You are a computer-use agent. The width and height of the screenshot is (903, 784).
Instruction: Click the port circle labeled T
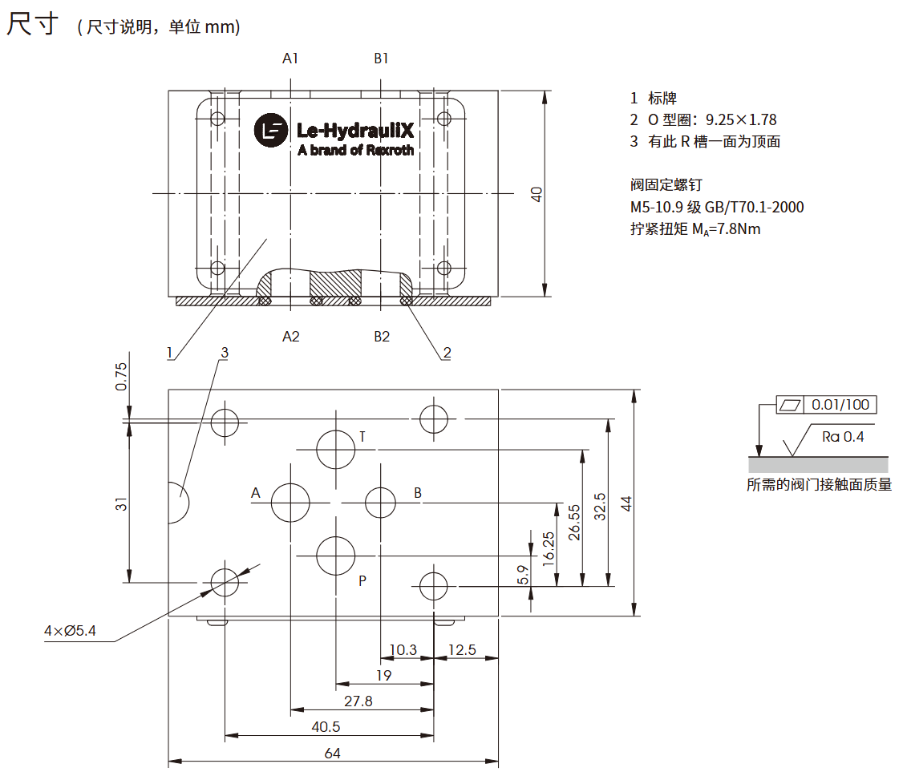coord(335,449)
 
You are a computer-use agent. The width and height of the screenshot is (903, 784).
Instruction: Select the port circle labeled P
coord(335,556)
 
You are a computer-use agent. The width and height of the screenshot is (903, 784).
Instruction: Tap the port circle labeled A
coord(290,503)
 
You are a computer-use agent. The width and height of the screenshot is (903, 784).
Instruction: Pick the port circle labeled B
coord(380,503)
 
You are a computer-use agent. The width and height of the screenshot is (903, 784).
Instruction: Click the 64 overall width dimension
coord(333,753)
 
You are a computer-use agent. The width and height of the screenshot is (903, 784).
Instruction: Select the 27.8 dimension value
coord(358,701)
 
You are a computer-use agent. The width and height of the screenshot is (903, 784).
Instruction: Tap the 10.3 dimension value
coord(403,650)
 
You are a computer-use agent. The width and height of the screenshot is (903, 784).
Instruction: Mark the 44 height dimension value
coord(626,503)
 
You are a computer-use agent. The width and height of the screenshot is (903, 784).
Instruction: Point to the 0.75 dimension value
coord(121,377)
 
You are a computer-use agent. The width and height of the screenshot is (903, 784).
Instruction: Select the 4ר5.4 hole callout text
coord(70,632)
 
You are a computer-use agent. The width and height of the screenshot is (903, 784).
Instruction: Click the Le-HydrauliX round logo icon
coord(270,131)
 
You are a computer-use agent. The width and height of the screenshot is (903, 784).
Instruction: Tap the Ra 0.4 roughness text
coord(843,437)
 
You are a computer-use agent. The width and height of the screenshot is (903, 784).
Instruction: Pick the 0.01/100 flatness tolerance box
coord(826,405)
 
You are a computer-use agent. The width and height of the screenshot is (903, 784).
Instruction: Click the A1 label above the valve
coord(290,59)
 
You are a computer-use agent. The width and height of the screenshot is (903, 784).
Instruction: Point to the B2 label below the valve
coord(382,337)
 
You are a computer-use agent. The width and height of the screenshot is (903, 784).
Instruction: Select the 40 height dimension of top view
coord(537,194)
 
